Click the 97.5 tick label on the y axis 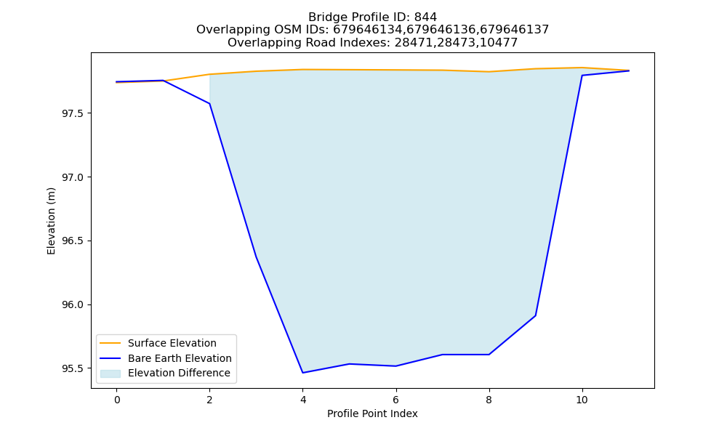(x=73, y=113)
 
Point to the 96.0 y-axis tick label (x=73, y=305)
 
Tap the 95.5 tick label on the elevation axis (x=73, y=368)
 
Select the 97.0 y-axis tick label (x=73, y=177)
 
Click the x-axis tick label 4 (x=302, y=400)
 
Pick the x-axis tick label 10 (x=582, y=400)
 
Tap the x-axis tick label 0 (x=117, y=400)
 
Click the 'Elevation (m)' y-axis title (x=51, y=221)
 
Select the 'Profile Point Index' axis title (x=372, y=413)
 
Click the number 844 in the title (x=425, y=17)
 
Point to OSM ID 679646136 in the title (x=441, y=30)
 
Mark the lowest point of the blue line (x=302, y=373)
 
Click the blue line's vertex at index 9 (x=536, y=315)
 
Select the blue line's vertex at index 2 (x=209, y=103)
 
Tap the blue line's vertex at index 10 (x=582, y=75)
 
